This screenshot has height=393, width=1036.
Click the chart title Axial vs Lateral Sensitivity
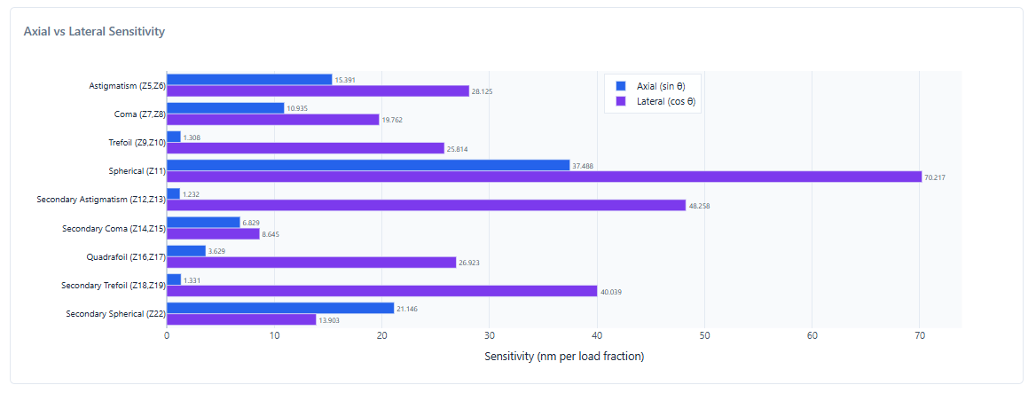coord(94,32)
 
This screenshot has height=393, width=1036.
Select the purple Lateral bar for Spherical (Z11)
coord(544,177)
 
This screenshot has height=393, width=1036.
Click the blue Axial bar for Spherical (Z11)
coord(368,165)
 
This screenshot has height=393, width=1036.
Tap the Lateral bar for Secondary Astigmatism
coord(426,205)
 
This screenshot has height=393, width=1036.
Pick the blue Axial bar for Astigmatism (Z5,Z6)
coord(249,80)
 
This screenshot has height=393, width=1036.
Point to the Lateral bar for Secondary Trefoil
coord(381,291)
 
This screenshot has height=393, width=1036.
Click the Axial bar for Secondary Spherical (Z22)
coord(280,308)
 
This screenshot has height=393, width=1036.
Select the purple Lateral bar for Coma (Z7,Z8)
coord(273,119)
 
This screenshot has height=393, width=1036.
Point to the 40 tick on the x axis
coord(597,335)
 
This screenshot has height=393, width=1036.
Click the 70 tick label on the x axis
coord(920,335)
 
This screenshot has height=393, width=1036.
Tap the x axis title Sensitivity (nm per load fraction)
coord(564,357)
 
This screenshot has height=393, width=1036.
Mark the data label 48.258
coord(700,206)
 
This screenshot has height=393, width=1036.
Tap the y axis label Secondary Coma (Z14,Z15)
coord(113,228)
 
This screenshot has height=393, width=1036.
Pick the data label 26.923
coord(469,263)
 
